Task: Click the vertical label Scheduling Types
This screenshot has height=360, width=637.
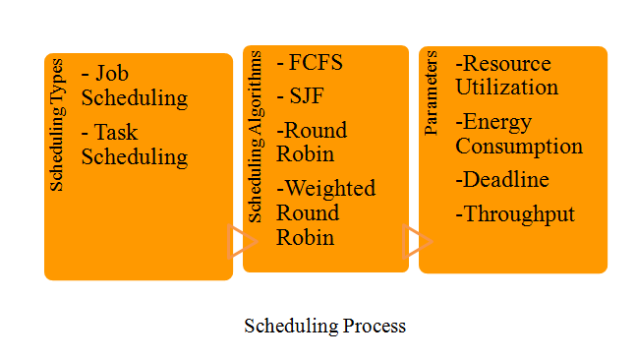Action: pos(56,125)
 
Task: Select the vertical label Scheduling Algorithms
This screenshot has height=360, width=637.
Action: pos(256,137)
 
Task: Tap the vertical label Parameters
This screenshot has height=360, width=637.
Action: pos(431,93)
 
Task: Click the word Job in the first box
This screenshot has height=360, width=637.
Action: pos(112,74)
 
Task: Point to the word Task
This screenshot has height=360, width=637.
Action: pos(116,132)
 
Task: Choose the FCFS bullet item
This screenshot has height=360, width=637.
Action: pos(310,63)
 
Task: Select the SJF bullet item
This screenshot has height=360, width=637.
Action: pos(300,96)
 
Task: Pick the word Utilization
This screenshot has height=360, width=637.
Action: pos(507,88)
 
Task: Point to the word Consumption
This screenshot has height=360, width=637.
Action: pos(519,147)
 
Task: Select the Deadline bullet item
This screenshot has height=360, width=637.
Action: pos(502,180)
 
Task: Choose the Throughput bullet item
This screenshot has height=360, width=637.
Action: pos(515,214)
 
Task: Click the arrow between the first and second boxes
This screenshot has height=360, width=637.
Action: pos(243,241)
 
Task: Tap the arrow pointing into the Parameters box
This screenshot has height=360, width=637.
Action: pos(417,241)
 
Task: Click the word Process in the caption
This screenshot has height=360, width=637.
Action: pos(375,326)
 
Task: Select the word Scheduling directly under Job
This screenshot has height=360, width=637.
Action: pos(135,98)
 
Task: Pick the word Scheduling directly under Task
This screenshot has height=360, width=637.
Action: pos(135,157)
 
